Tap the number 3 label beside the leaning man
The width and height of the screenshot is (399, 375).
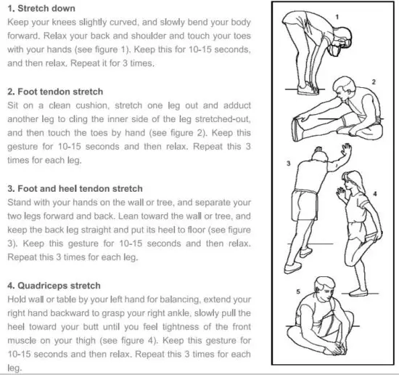(289, 164)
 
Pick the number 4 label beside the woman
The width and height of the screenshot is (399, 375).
(375, 194)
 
